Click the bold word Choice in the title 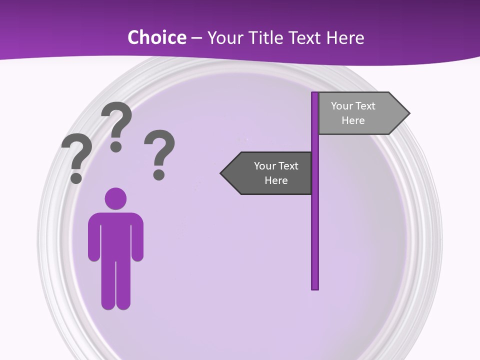(157, 37)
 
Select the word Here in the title (345, 37)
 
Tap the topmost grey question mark (116, 125)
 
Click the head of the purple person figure (115, 198)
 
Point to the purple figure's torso (115, 235)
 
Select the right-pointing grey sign (360, 113)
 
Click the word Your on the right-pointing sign (341, 106)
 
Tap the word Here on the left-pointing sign (276, 180)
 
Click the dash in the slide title (196, 38)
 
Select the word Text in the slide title (305, 37)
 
